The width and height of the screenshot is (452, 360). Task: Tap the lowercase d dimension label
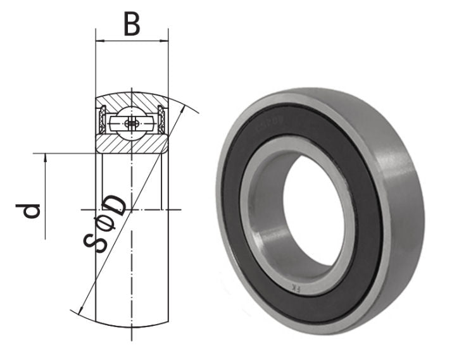coord(31,209)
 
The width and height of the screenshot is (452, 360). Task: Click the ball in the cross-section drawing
coord(131,123)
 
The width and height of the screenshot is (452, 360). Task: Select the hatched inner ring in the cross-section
coord(131,144)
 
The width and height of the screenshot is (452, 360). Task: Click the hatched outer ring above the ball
coord(131,101)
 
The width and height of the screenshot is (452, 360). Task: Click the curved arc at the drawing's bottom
coord(131,326)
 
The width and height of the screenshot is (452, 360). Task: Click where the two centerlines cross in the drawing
coord(131,209)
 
